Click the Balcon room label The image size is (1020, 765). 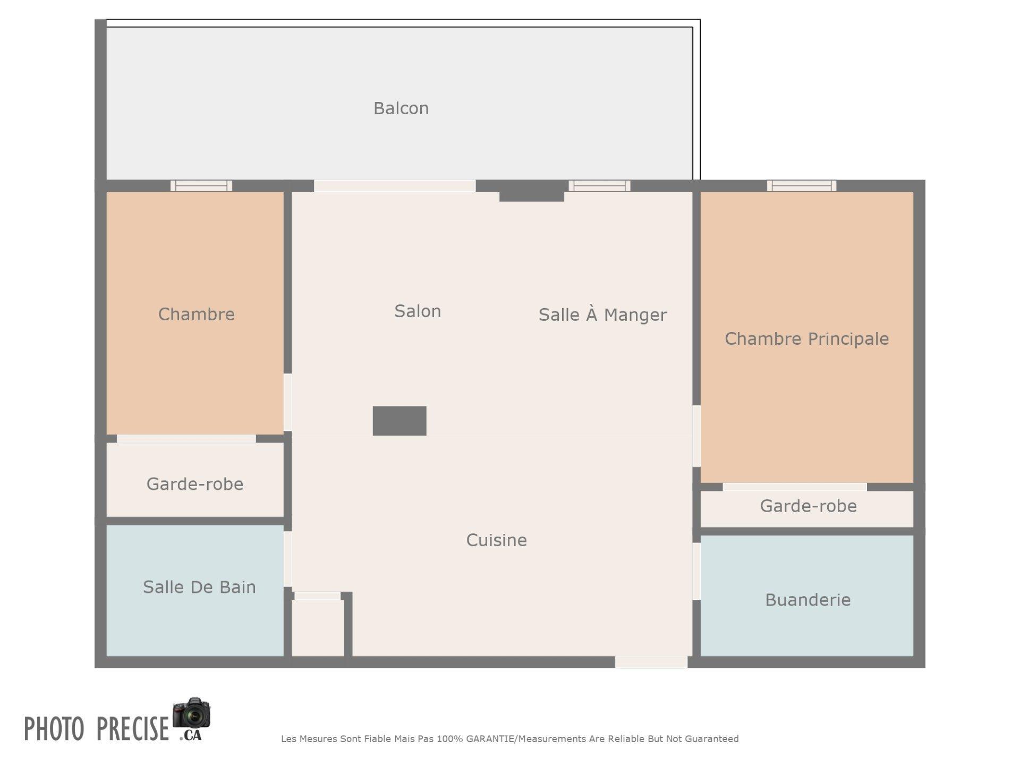click(401, 108)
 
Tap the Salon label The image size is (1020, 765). click(418, 311)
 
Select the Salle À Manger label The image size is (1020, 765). click(602, 314)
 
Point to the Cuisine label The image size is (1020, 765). click(496, 540)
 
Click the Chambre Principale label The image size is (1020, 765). click(806, 339)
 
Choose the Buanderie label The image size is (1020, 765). click(807, 600)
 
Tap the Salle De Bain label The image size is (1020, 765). click(199, 587)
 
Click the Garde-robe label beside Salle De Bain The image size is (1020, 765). click(195, 484)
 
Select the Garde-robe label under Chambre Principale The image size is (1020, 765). click(808, 506)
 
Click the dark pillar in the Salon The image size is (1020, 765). click(399, 421)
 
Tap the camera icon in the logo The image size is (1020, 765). click(192, 713)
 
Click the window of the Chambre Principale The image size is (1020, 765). click(801, 185)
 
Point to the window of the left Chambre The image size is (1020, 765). click(201, 185)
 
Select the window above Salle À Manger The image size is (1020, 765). click(599, 185)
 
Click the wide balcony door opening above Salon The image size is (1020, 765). click(395, 185)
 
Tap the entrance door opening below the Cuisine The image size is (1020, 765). click(651, 662)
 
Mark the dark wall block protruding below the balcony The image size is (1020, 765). click(531, 191)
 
